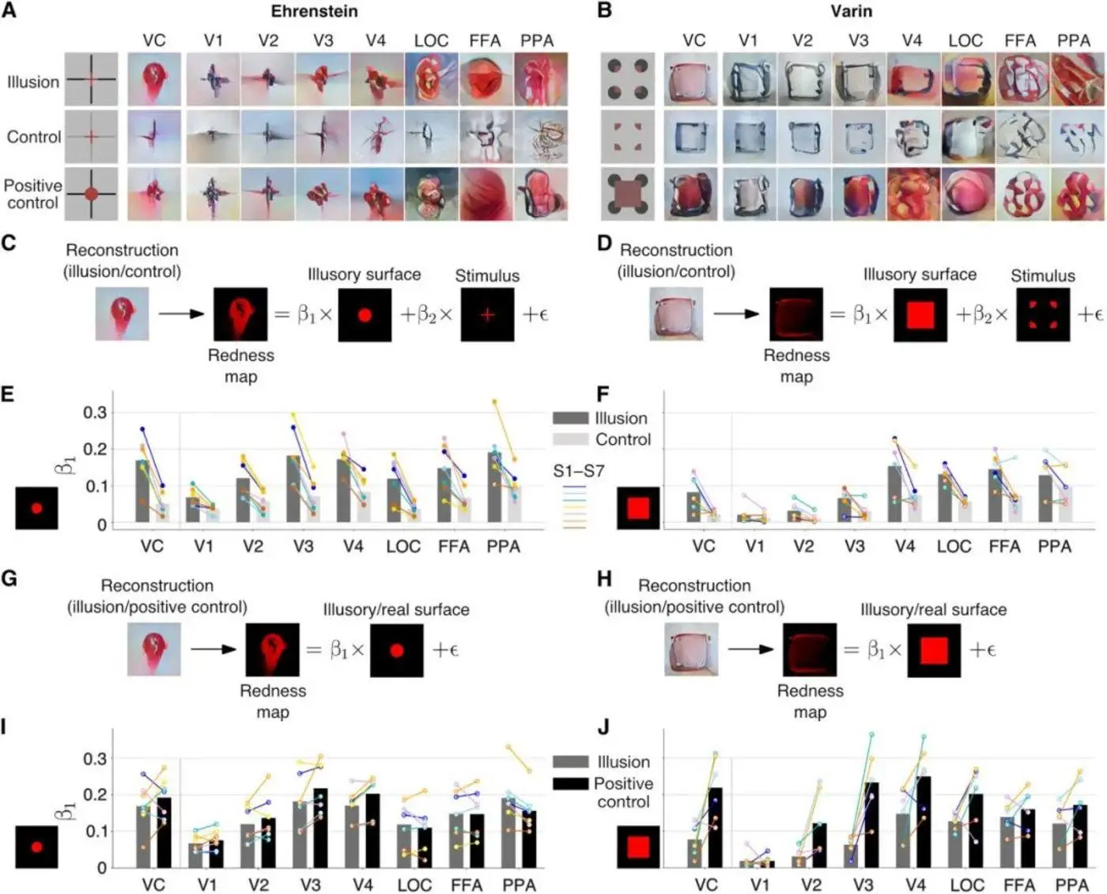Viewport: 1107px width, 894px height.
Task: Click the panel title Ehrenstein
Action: (x=314, y=11)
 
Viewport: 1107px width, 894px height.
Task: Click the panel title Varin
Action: (x=851, y=11)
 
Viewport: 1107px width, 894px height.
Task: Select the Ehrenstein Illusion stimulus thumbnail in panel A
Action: (x=91, y=80)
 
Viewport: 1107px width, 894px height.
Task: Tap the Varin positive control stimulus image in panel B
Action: (x=628, y=193)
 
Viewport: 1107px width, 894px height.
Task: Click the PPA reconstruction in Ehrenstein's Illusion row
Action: (x=541, y=80)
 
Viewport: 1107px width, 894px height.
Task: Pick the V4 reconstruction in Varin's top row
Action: (x=913, y=80)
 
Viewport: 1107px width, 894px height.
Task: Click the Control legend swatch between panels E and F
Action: (x=571, y=439)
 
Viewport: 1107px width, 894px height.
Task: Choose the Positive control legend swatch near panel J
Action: (x=571, y=783)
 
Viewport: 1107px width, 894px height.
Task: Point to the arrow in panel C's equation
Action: (x=180, y=314)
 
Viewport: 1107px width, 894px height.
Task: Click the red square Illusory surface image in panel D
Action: (x=920, y=315)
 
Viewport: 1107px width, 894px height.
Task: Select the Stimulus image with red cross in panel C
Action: (x=487, y=315)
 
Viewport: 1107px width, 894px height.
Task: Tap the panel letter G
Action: (x=9, y=578)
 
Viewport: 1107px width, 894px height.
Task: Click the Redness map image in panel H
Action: (x=809, y=650)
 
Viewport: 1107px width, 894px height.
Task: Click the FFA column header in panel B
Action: (x=1019, y=40)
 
